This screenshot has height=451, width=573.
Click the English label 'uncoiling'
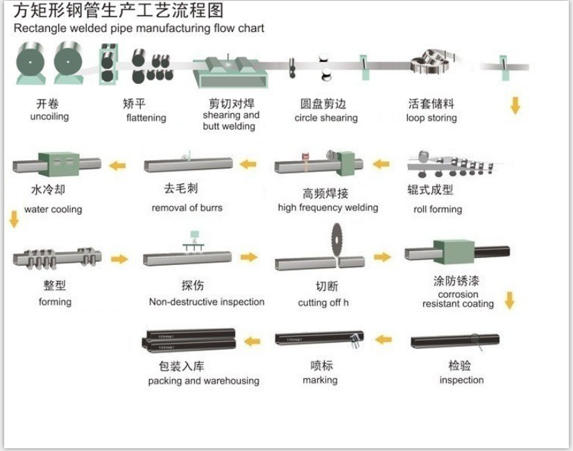(x=49, y=117)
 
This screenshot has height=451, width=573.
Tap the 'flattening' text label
(x=146, y=118)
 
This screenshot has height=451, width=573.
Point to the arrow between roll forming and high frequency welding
(x=381, y=165)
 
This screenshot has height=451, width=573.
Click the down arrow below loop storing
(x=515, y=105)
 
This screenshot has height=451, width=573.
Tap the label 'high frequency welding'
(x=327, y=207)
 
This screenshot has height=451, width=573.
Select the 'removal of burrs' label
(x=187, y=207)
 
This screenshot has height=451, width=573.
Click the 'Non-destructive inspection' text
(x=206, y=302)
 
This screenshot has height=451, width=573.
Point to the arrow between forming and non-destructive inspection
(x=120, y=259)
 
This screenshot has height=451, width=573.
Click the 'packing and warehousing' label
(x=203, y=381)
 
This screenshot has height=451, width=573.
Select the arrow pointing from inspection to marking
(x=383, y=339)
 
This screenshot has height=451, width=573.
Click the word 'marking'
(x=320, y=380)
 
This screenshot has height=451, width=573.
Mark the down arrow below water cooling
(x=13, y=220)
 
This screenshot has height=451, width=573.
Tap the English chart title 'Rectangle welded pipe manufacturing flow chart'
(x=139, y=28)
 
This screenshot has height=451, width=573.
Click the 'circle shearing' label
(x=325, y=118)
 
